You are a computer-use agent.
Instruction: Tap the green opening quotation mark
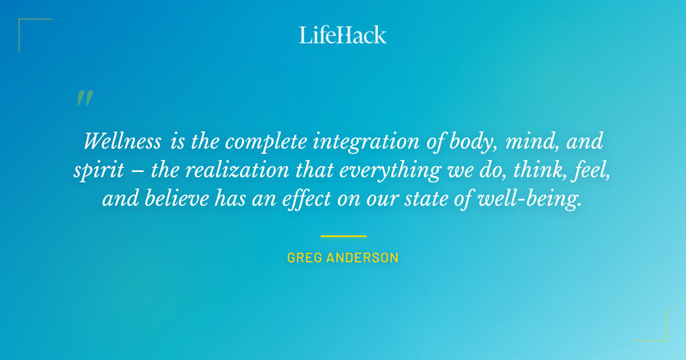[84, 98]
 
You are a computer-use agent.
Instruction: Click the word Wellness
[122, 141]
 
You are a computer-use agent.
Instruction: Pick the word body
[467, 141]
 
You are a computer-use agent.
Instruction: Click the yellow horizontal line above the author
[343, 236]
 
